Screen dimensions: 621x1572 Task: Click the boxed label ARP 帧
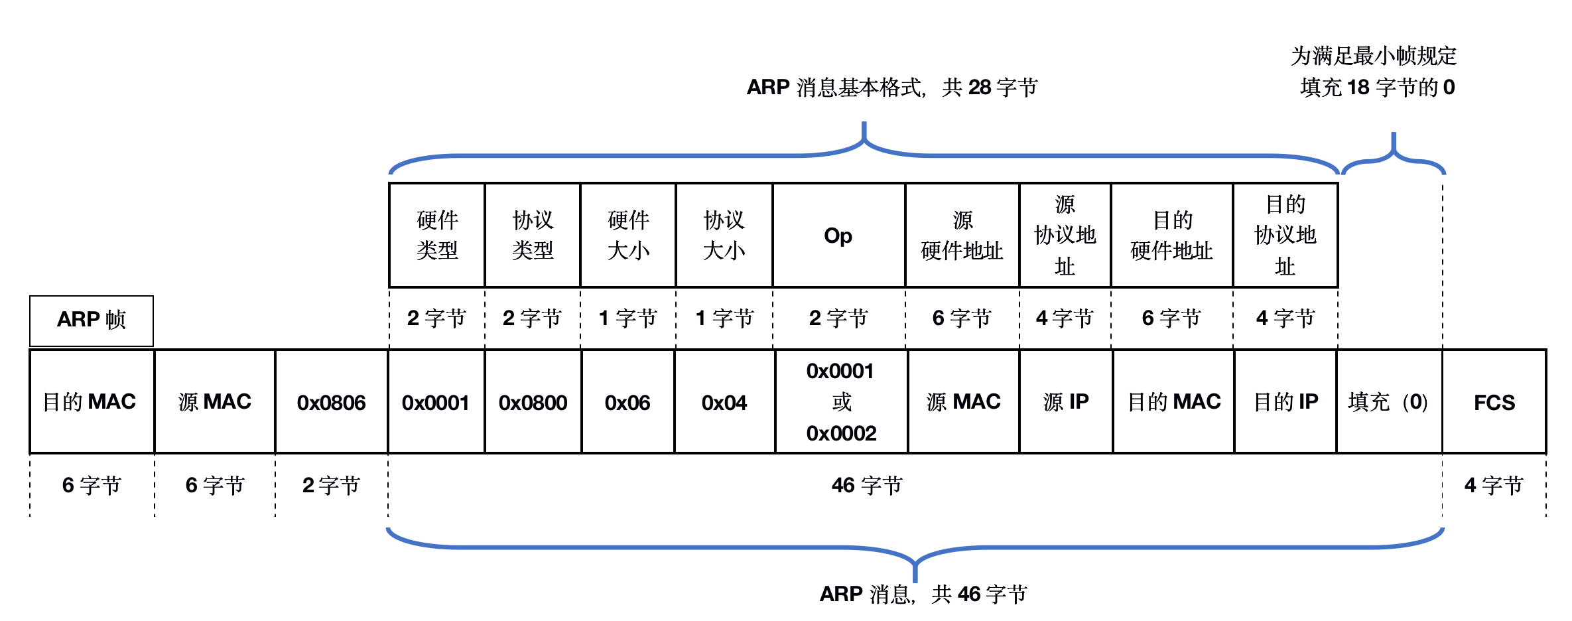[x=92, y=320]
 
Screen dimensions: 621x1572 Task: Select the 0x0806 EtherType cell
[x=331, y=402]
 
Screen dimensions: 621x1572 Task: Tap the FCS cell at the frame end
[x=1494, y=402]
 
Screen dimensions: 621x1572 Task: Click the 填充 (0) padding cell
[x=1388, y=402]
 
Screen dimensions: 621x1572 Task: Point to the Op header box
[x=838, y=236]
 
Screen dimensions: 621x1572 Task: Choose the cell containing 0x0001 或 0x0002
[x=841, y=402]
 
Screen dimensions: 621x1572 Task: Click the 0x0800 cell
[x=533, y=402]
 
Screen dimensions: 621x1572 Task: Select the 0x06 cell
[x=627, y=402]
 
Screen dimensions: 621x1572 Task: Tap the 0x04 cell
[x=724, y=402]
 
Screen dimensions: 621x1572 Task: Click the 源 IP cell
[x=1065, y=402]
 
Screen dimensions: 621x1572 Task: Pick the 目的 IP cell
[x=1285, y=402]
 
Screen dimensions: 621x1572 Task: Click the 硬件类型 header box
[x=437, y=236]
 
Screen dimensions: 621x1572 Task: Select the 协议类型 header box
[x=533, y=236]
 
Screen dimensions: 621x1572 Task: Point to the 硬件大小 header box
[x=628, y=236]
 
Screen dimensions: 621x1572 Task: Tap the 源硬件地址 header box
[x=962, y=236]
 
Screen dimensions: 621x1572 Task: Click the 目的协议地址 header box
[x=1285, y=236]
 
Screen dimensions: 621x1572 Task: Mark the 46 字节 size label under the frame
[x=867, y=486]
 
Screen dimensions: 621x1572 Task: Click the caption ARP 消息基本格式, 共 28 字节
[x=891, y=88]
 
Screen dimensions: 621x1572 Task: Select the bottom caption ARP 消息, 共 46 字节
[x=923, y=594]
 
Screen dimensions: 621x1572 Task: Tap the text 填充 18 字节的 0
[x=1377, y=88]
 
